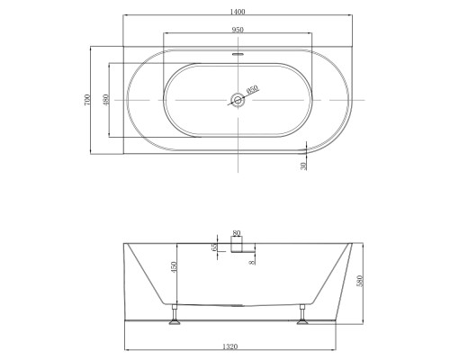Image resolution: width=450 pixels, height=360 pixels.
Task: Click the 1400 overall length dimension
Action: coord(238,12)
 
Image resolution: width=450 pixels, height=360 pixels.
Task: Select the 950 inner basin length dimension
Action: coord(238,30)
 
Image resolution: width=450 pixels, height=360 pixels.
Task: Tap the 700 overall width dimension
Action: coord(87,100)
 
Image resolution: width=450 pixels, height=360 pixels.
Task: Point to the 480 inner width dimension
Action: coord(105,100)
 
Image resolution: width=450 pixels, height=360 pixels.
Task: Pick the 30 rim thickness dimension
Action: coord(304,166)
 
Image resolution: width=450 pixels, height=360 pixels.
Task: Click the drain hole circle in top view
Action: coord(238,100)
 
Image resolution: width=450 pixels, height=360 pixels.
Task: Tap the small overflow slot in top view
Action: coord(238,55)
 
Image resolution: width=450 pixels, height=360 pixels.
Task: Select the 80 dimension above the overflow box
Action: coord(237,233)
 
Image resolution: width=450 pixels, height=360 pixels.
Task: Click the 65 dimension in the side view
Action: coord(214,247)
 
